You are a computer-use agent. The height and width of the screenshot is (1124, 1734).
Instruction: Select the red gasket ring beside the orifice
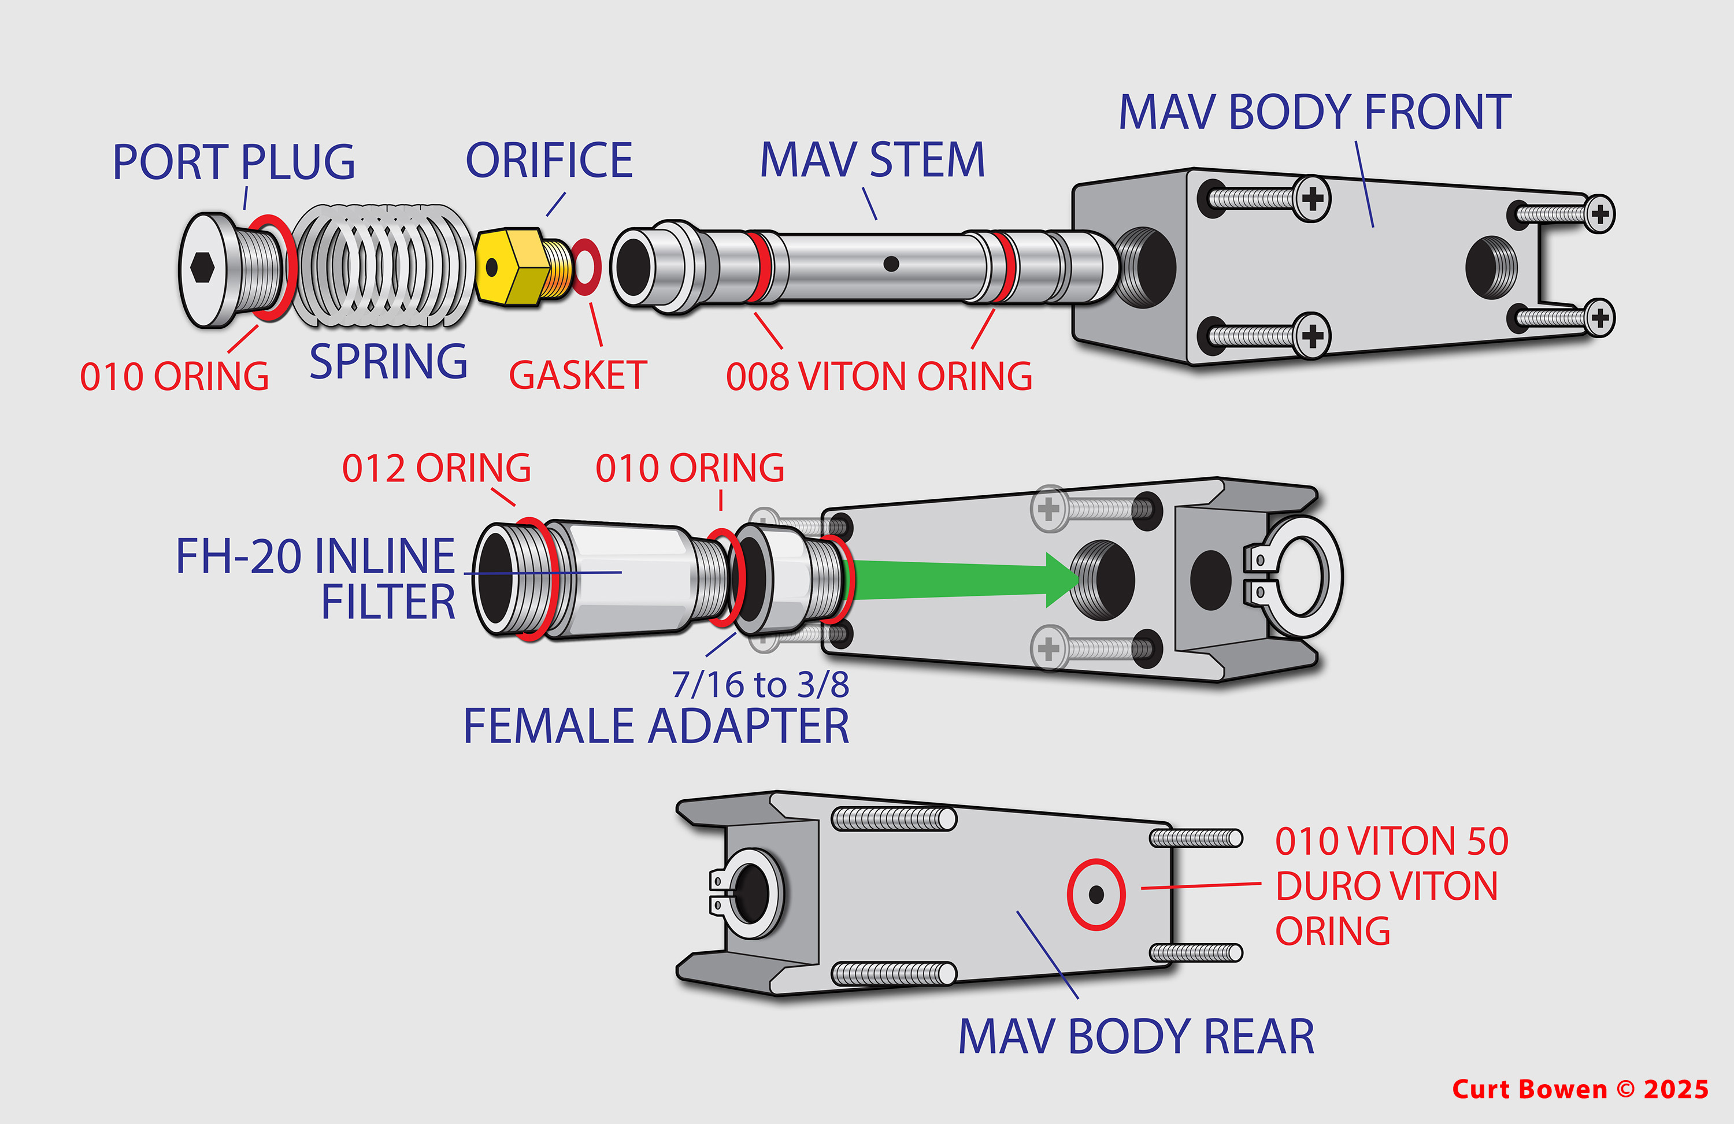coord(586,266)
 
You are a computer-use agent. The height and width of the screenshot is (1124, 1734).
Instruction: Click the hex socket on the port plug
coord(202,268)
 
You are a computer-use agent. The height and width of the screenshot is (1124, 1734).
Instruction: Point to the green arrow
coord(962,580)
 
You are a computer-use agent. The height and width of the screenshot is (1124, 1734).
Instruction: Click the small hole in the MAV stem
coord(890,264)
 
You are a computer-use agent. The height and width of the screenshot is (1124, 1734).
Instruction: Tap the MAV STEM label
coord(872,160)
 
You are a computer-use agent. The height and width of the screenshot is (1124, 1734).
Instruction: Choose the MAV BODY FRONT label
coord(1314,113)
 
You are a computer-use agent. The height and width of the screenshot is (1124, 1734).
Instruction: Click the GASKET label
coord(577,376)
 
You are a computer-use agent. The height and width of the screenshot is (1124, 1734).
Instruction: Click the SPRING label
coord(388,361)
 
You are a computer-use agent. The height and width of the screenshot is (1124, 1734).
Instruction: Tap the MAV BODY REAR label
coord(1136,1037)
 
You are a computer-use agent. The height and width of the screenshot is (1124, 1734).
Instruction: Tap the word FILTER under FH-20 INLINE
coord(388,602)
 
